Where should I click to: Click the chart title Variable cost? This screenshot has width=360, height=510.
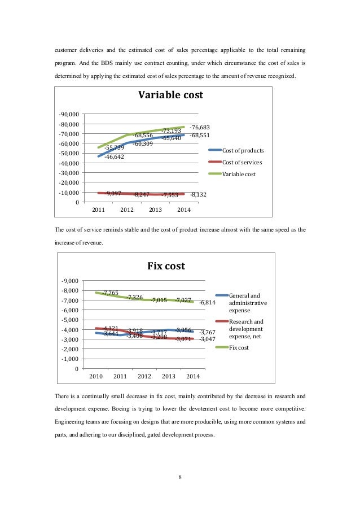pos(170,95)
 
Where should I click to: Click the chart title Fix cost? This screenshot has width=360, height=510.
pos(166,265)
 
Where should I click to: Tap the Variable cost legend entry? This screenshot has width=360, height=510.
pos(239,174)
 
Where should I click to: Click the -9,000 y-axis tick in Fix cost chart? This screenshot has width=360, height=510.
pos(70,281)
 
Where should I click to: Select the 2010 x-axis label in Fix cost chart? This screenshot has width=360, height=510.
pos(96,376)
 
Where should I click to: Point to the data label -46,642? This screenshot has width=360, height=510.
pos(114,156)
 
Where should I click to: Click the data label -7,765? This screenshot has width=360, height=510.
pos(110,293)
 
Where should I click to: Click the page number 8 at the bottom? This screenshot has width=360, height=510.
pos(179,477)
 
